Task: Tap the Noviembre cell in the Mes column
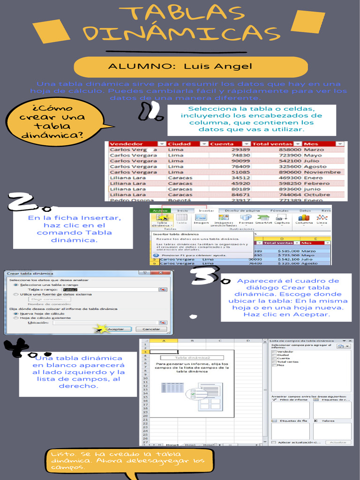pyautogui.click(x=322, y=172)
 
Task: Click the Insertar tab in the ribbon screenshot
pyautogui.click(x=206, y=210)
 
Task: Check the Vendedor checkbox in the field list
pyautogui.click(x=274, y=351)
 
